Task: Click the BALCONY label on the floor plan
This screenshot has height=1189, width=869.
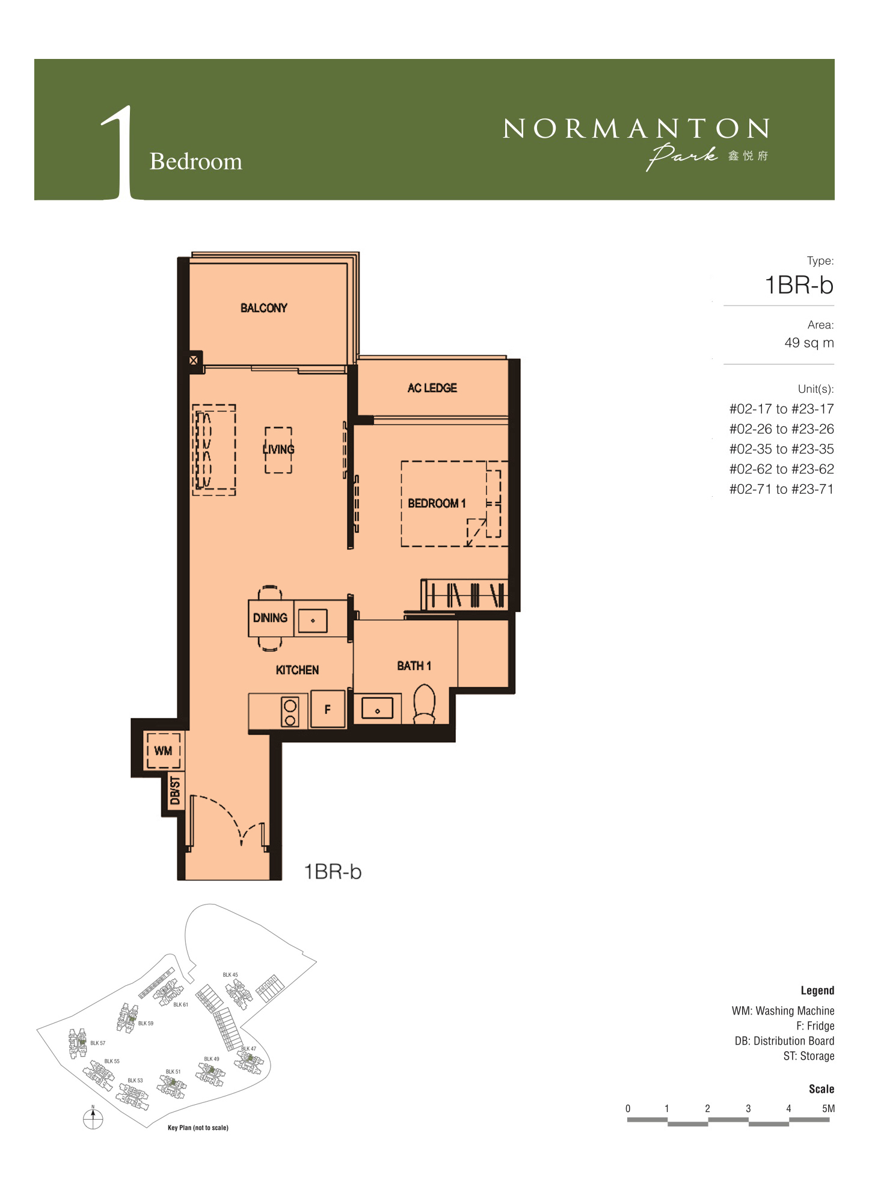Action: click(263, 308)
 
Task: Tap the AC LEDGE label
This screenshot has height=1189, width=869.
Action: click(432, 388)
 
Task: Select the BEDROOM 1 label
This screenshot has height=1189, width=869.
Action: click(437, 503)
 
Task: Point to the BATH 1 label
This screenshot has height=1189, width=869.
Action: click(414, 666)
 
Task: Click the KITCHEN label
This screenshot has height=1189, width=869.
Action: click(297, 670)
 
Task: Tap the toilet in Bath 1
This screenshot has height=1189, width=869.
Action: click(425, 703)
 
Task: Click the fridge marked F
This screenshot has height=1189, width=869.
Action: click(328, 709)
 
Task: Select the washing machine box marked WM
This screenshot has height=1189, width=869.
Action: click(164, 751)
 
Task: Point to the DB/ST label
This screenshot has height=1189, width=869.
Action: click(175, 790)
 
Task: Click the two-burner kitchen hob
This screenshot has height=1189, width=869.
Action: click(290, 711)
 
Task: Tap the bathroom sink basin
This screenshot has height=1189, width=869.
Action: click(377, 708)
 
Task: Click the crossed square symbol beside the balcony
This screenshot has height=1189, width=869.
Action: click(194, 360)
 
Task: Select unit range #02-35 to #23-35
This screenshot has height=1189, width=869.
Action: click(781, 449)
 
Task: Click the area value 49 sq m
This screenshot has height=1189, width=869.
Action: click(809, 343)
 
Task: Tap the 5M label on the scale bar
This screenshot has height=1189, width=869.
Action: click(828, 1108)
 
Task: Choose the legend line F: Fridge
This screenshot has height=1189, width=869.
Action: click(815, 1025)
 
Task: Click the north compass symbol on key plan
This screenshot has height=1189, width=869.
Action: click(93, 1118)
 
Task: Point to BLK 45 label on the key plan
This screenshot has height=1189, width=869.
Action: click(230, 974)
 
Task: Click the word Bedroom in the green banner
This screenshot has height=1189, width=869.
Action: click(196, 161)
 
